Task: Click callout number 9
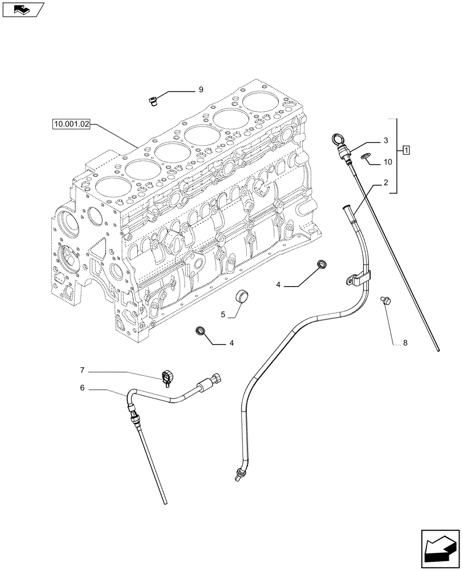[201, 89]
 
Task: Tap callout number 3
[385, 140]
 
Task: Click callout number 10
[388, 162]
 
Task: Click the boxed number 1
[405, 150]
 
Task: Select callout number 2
[385, 184]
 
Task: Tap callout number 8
[405, 343]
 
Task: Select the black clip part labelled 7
[168, 376]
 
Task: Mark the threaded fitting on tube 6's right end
[214, 379]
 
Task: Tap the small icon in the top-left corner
[22, 9]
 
